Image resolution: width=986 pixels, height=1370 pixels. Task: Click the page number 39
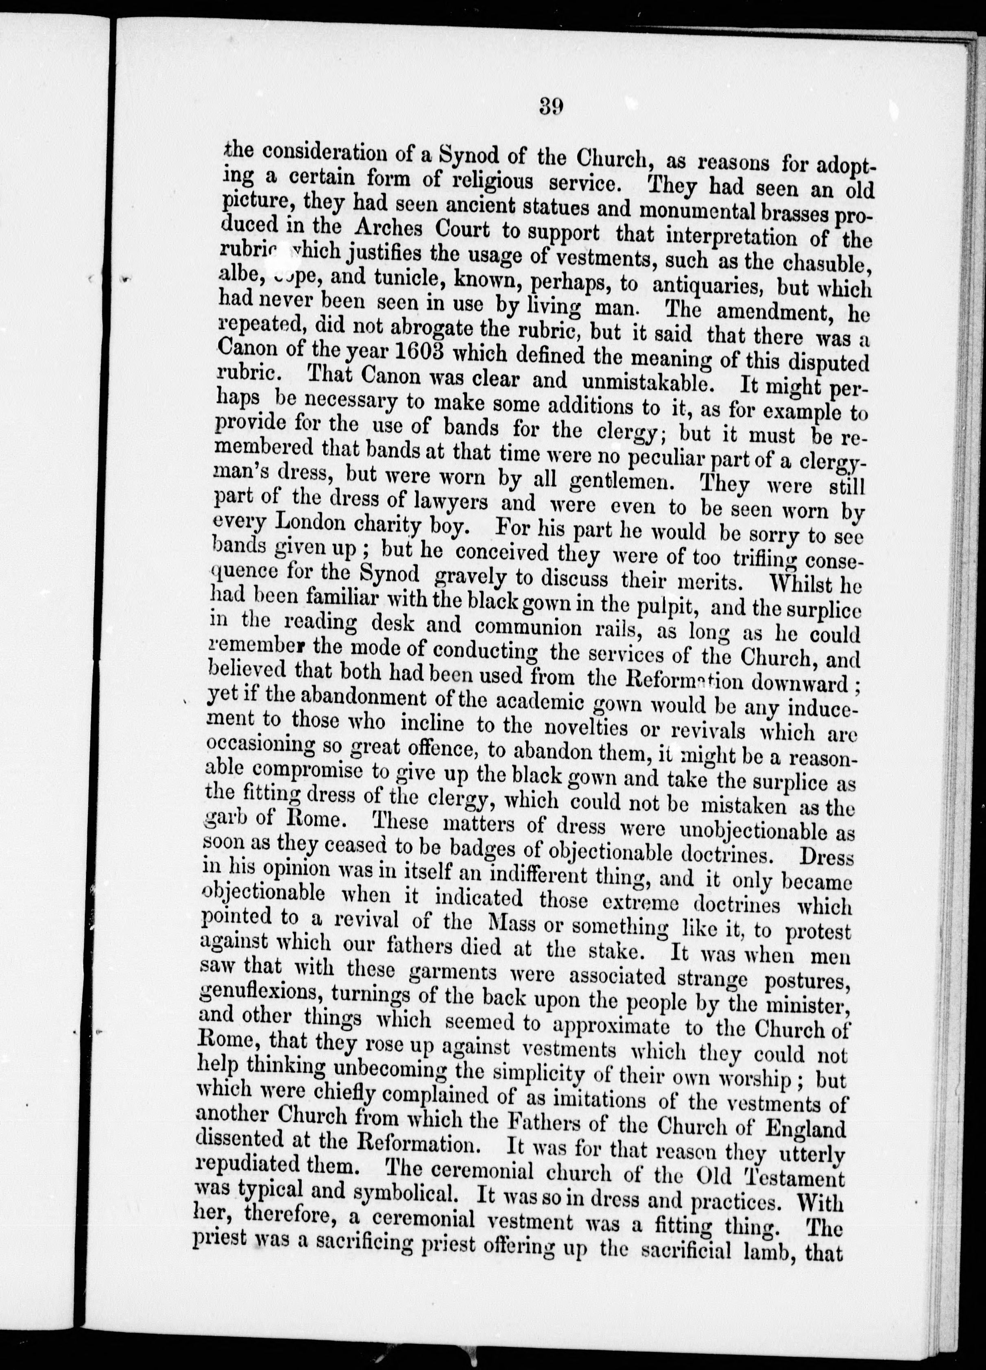tap(549, 107)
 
